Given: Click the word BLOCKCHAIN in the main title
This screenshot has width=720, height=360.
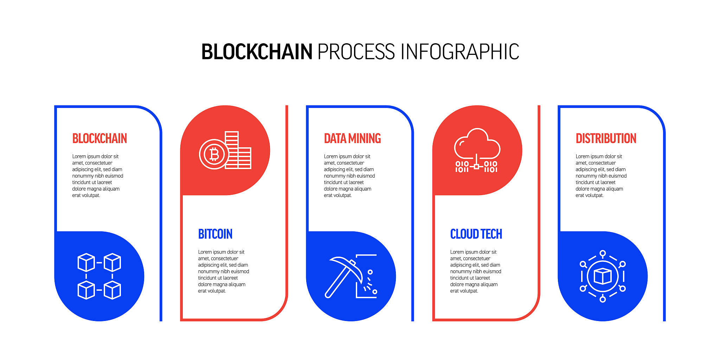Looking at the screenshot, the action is [x=257, y=52].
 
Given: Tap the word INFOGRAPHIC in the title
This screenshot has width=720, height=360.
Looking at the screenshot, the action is [x=460, y=52].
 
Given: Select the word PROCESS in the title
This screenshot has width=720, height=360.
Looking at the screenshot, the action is [x=356, y=52].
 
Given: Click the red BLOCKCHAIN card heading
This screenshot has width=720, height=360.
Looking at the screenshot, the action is [x=99, y=139].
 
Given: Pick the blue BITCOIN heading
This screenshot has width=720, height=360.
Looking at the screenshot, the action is [x=215, y=234].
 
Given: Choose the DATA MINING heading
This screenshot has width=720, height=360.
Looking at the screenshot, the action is [x=352, y=139].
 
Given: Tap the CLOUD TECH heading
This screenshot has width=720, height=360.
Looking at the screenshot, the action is [x=476, y=234].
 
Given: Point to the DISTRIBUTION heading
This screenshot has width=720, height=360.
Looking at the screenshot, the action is [x=606, y=139].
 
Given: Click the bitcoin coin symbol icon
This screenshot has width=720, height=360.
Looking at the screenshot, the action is [x=214, y=154].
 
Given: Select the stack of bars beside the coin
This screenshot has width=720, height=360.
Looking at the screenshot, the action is [x=238, y=150].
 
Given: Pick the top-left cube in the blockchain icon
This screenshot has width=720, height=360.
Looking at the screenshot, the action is [x=86, y=262].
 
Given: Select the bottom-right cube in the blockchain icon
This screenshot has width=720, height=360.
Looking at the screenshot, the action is [x=112, y=290].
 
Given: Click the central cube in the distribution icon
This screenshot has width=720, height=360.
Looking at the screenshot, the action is [x=603, y=276].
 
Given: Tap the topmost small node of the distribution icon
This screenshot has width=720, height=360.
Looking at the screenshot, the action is [x=603, y=253].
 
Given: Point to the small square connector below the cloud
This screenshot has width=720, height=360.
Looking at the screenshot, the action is [x=476, y=166].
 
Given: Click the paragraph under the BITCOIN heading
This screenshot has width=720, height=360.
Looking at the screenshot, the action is [x=223, y=271].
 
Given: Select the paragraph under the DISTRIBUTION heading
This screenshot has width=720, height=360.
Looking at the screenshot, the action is [x=601, y=176].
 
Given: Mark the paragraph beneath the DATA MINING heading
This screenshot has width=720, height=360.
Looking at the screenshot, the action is [x=349, y=176].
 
